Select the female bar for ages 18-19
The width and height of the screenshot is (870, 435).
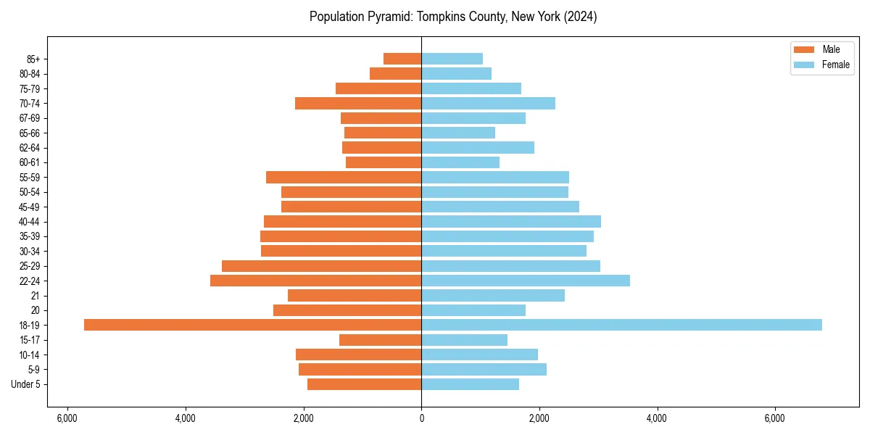coord(621,325)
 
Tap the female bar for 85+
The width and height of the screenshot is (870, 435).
coord(452,59)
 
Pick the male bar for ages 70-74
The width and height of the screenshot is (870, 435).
coord(358,104)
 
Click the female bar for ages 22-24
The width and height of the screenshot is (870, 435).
coord(526,281)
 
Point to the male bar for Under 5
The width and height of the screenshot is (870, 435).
coord(364,384)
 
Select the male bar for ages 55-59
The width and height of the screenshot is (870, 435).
coord(344,178)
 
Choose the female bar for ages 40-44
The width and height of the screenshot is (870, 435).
coord(511,222)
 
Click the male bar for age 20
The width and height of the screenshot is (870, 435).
coord(347,310)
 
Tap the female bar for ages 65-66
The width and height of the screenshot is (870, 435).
coord(458,133)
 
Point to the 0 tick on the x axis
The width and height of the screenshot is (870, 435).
coord(421,418)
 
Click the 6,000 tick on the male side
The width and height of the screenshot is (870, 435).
coord(67,418)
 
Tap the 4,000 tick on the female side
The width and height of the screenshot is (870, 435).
coord(657,418)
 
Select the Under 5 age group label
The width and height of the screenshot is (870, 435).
coord(25,384)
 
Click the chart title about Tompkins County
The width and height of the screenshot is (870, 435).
coord(453,17)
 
